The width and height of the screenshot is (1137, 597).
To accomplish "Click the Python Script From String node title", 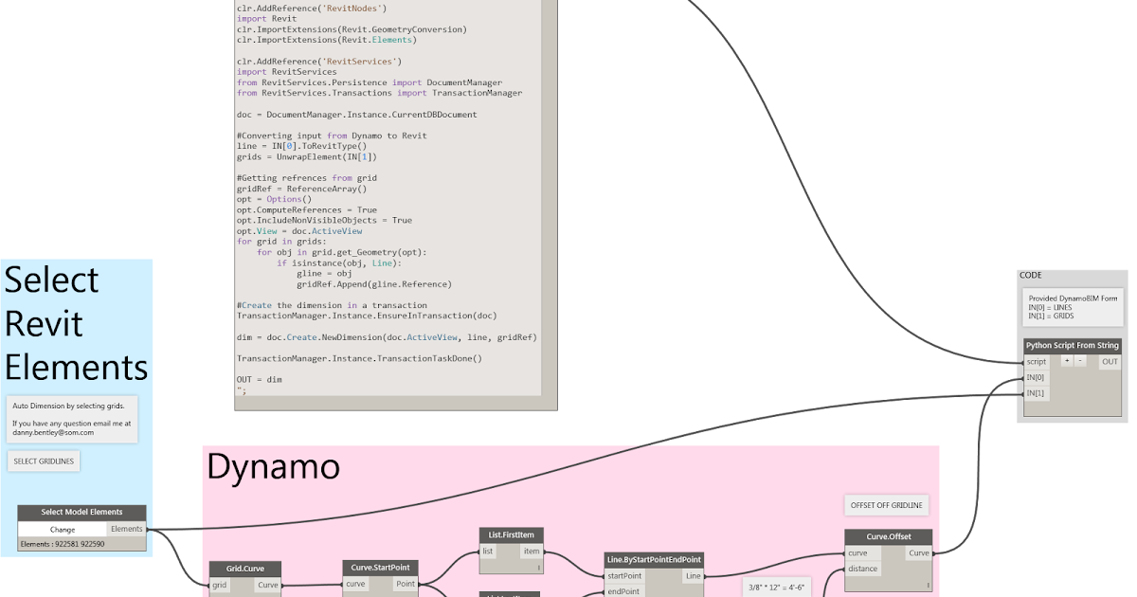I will (x=1073, y=346).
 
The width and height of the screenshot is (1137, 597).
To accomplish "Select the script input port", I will (x=1037, y=362).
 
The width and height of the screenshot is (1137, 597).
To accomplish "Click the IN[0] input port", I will (x=1037, y=378).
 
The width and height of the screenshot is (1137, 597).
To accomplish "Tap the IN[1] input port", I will (x=1037, y=393).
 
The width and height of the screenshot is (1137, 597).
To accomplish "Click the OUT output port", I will (x=1110, y=362).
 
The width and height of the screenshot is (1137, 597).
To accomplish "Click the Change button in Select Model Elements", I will (x=63, y=530).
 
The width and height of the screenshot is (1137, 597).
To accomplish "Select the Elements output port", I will (x=127, y=530).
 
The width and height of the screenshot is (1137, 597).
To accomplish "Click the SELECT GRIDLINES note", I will (x=45, y=461).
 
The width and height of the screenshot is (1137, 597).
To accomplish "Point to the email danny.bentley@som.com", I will (x=53, y=432).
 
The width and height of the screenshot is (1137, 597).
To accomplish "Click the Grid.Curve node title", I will (x=245, y=570).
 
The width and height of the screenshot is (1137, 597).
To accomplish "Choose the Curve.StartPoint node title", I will (x=380, y=568).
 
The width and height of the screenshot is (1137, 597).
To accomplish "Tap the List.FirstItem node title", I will (x=512, y=535).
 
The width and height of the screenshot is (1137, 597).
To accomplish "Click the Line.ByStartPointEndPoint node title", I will (x=655, y=560).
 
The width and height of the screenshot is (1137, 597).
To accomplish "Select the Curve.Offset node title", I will (x=888, y=537).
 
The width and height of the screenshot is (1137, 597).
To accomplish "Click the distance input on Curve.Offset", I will (x=863, y=570).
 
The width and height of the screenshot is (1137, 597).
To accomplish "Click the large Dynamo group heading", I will (x=273, y=466).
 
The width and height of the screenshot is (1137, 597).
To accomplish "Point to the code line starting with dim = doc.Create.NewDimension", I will (x=387, y=337).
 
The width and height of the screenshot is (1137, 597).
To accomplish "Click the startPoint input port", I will (x=625, y=576).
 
